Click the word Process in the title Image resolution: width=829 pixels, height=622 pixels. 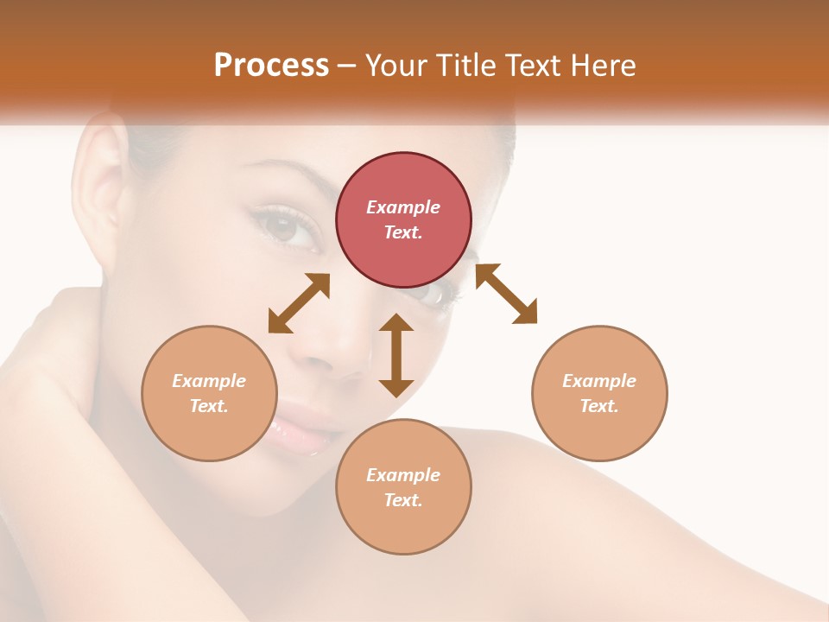[271, 65]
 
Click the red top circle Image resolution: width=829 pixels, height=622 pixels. [403, 219]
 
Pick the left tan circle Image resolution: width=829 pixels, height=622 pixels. [209, 393]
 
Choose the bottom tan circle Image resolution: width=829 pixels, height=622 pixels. [403, 487]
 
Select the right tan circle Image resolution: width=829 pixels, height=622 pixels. [599, 393]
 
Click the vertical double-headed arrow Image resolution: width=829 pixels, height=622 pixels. [396, 355]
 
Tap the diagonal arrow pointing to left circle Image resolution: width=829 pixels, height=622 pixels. [299, 303]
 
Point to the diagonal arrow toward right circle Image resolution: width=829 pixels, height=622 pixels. [506, 294]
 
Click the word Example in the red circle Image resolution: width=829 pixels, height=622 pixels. [403, 207]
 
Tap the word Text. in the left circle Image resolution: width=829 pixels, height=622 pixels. [209, 406]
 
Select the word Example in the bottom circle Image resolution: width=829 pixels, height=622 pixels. [403, 475]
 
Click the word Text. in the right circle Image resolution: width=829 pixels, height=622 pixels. [599, 406]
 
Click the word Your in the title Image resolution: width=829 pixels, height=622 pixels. [393, 65]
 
